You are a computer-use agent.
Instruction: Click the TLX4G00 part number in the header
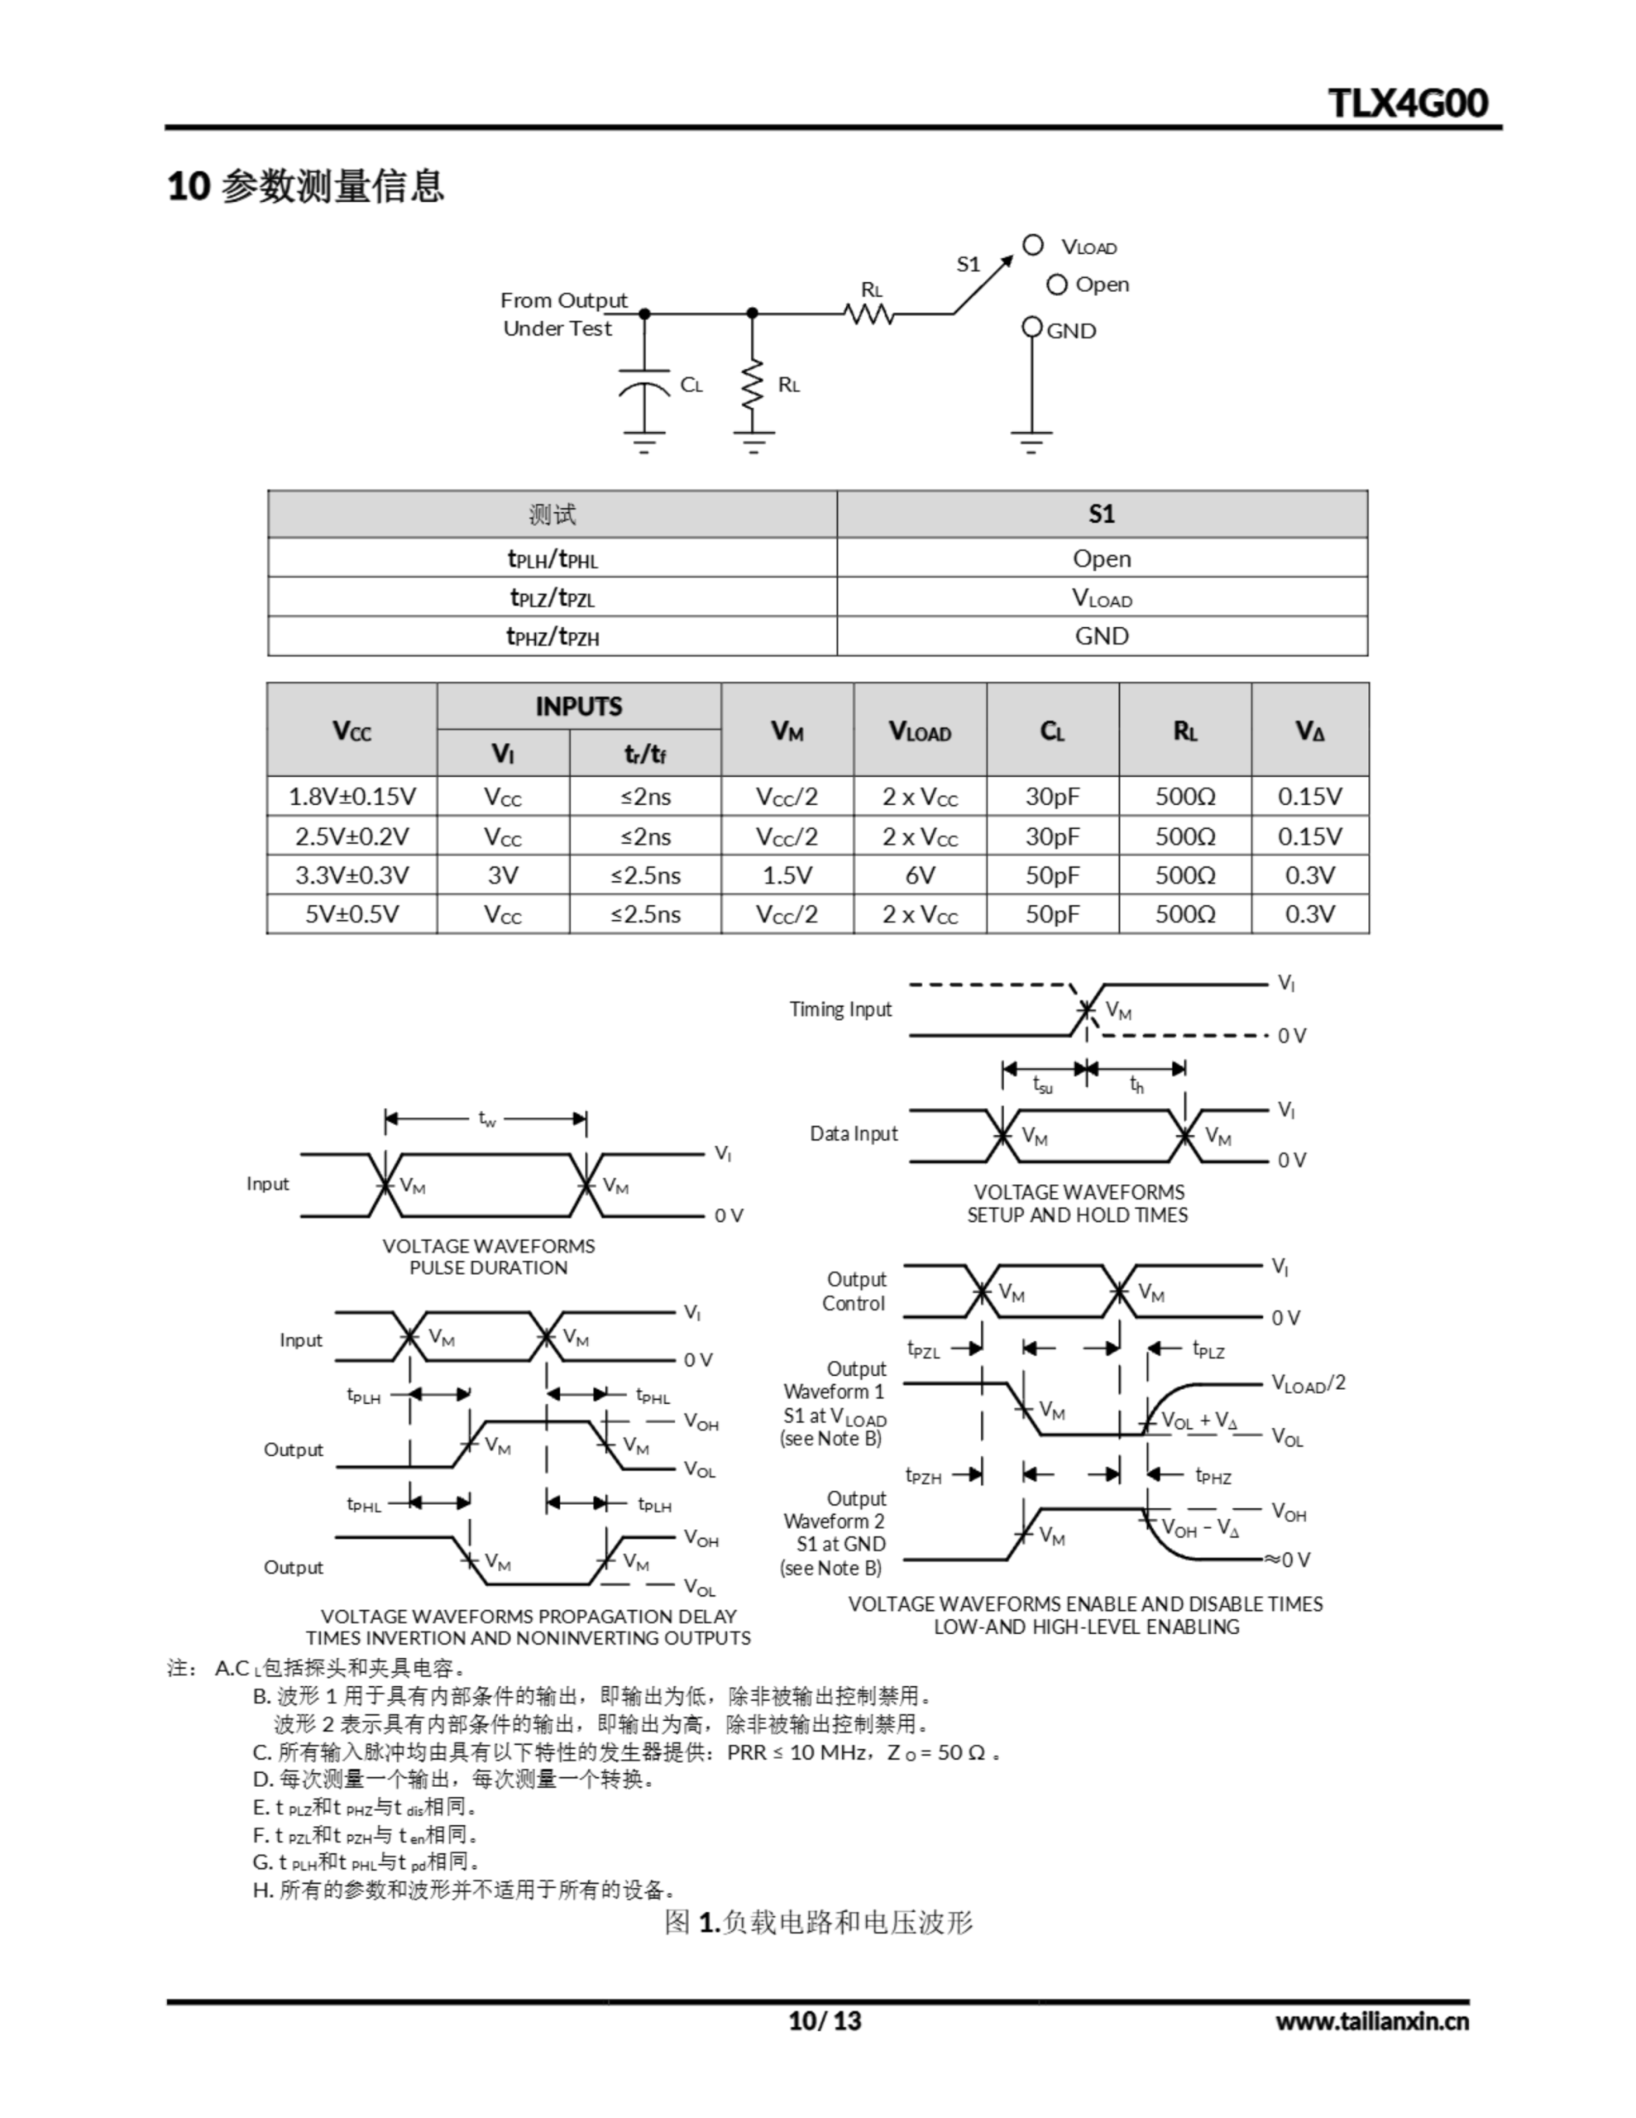pos(1407,103)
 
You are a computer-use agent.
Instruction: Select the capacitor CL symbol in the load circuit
pos(644,387)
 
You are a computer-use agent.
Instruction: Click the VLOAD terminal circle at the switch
pos(1033,246)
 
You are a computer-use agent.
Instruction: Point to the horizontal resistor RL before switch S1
pos(869,314)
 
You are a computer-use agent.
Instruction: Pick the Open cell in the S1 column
pos(1102,558)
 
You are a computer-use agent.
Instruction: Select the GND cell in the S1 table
pos(1102,636)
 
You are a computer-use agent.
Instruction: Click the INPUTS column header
pos(578,706)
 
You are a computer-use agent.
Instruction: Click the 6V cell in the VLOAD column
pos(920,875)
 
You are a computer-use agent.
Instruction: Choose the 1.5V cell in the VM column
pos(787,875)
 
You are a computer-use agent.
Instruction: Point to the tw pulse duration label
pos(487,1119)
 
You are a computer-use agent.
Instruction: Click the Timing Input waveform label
pos(840,1009)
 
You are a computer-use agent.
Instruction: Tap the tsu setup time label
pos(1042,1085)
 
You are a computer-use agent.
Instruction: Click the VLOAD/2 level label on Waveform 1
pos(1308,1384)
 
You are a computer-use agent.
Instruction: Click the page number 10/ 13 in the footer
pos(825,2020)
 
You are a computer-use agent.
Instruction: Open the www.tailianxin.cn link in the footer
pos(1371,2021)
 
